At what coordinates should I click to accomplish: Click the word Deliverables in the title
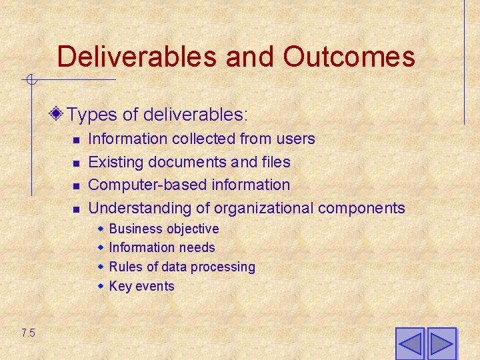tap(137, 57)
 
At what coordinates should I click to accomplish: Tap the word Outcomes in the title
tap(349, 57)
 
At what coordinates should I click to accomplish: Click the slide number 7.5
tap(28, 333)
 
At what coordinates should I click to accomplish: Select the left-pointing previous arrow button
tap(410, 344)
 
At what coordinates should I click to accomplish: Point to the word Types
tap(91, 115)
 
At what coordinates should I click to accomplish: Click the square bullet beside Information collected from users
tap(77, 140)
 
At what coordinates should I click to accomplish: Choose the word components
tap(361, 208)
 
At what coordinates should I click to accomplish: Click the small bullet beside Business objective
tap(101, 229)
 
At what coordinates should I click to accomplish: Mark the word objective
tap(193, 229)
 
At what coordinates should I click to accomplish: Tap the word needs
tap(199, 247)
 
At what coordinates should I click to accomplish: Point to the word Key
tap(120, 286)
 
